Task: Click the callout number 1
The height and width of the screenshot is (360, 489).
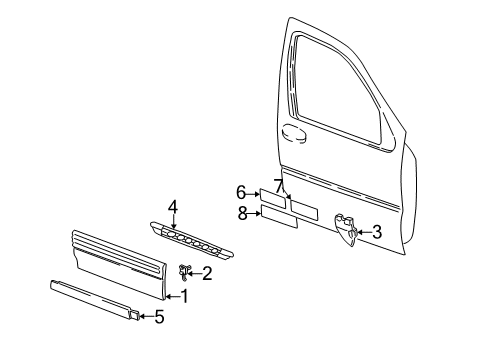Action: tap(183, 296)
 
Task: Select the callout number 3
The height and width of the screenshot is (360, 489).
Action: tap(376, 232)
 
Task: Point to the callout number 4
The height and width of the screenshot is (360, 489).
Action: tap(172, 207)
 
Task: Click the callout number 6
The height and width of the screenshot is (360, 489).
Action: tap(241, 192)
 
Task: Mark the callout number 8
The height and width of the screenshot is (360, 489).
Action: tap(241, 212)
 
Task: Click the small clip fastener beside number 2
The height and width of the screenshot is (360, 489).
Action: tap(186, 270)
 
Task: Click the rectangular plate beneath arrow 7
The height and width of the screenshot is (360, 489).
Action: tap(304, 210)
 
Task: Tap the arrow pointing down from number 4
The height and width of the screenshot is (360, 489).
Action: tap(172, 222)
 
